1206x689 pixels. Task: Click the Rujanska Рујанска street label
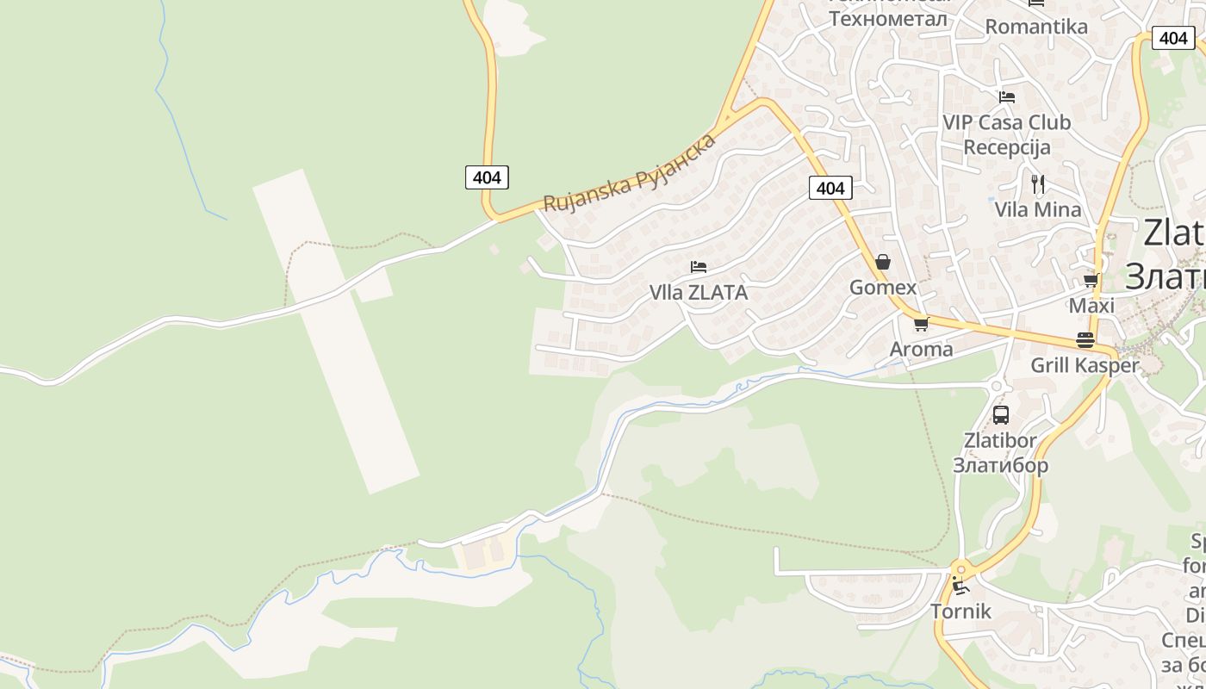[630, 173]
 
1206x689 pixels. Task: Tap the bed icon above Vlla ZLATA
[699, 267]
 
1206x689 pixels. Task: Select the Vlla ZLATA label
[699, 293]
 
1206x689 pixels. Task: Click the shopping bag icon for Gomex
[883, 262]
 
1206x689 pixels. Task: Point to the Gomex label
[883, 287]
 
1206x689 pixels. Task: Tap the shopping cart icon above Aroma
[921, 325]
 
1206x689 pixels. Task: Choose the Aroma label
[921, 349]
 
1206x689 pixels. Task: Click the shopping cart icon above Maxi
[1091, 281]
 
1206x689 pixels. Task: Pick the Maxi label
[1091, 306]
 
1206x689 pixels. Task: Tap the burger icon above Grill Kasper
[1085, 340]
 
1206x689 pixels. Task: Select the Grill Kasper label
[1085, 365]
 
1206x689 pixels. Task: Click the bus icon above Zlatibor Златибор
[1001, 415]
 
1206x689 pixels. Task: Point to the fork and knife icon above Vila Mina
[1038, 183]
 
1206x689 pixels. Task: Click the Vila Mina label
[1038, 209]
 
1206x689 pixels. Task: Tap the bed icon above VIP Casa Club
[1007, 97]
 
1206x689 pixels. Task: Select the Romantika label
[1036, 27]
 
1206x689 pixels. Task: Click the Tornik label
[960, 611]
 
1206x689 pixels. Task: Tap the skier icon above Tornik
[961, 587]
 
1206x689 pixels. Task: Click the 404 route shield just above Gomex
[830, 188]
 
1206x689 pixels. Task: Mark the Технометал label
[888, 18]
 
